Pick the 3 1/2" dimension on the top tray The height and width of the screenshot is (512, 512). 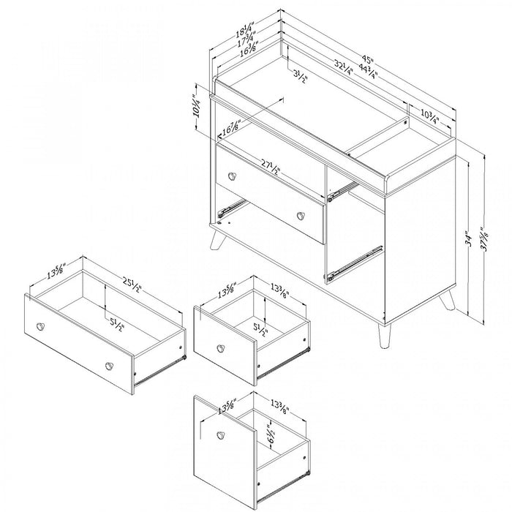pyautogui.click(x=300, y=74)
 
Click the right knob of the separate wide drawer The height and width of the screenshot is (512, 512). pyautogui.click(x=110, y=365)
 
